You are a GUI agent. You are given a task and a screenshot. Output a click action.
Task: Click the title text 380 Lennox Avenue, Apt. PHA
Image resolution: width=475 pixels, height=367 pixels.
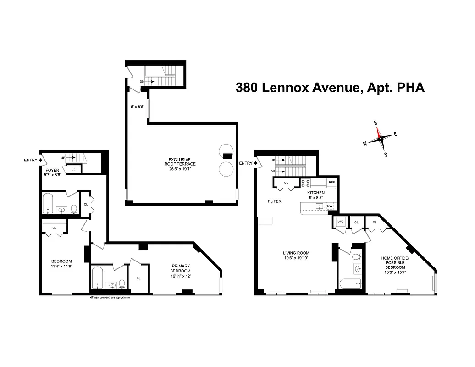[330, 87]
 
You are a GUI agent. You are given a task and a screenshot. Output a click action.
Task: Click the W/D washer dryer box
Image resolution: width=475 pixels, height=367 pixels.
[340, 222]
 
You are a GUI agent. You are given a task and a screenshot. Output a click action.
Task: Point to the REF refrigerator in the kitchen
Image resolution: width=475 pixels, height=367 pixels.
[331, 182]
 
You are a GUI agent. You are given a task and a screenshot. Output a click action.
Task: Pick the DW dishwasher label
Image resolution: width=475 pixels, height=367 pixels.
[330, 206]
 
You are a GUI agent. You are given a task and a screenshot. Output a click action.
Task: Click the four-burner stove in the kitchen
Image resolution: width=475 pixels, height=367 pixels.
[306, 183]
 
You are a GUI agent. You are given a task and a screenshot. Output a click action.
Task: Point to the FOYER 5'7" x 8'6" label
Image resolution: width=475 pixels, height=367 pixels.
[52, 172]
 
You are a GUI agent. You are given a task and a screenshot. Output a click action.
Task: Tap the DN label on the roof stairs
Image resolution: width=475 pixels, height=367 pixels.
[142, 81]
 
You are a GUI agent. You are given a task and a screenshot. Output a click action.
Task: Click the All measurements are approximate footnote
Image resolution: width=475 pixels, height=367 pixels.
[110, 297]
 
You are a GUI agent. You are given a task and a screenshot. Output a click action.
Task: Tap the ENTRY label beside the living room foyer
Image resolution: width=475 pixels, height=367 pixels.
[246, 163]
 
